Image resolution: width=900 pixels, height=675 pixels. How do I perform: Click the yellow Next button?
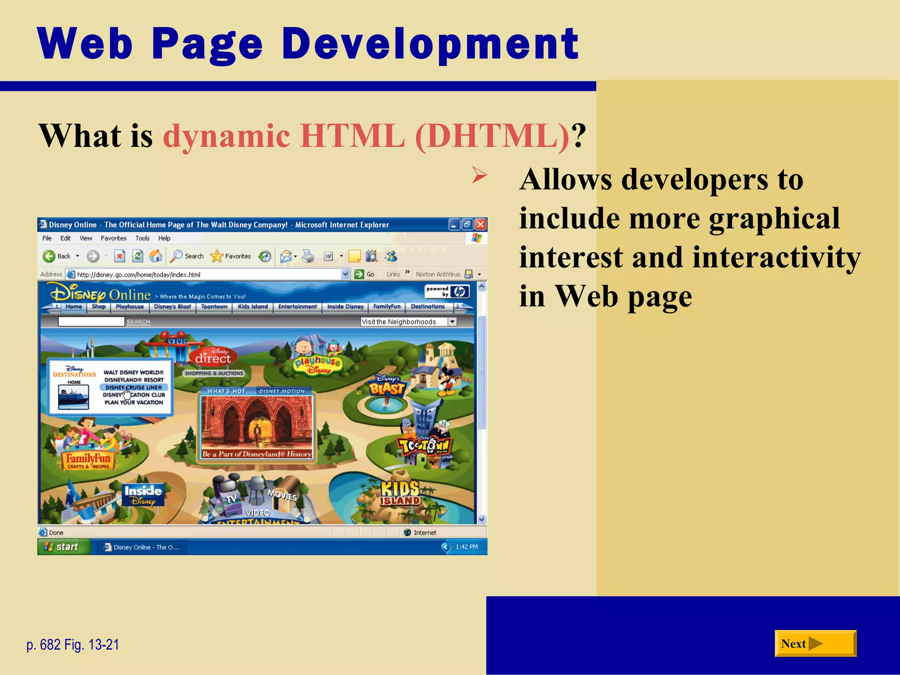815,643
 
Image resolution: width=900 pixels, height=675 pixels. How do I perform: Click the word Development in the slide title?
430,44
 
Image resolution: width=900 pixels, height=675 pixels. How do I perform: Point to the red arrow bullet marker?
479,175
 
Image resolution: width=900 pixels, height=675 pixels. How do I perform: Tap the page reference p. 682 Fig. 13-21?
73,645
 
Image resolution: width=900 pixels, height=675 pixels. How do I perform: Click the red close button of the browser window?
480,225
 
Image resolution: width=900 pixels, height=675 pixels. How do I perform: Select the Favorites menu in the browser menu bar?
113,238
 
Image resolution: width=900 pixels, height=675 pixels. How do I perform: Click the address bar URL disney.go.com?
138,275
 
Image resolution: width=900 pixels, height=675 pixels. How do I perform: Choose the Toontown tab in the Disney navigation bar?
214,307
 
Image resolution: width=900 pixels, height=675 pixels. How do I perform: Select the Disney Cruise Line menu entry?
134,388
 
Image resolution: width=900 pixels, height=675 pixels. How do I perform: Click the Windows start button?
63,547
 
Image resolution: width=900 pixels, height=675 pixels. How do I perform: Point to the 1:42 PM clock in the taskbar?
466,547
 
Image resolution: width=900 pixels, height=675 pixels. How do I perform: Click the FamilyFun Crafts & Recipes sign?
88,461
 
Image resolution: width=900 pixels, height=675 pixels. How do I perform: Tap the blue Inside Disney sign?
143,494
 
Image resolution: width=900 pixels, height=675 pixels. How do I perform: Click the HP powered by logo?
447,291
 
